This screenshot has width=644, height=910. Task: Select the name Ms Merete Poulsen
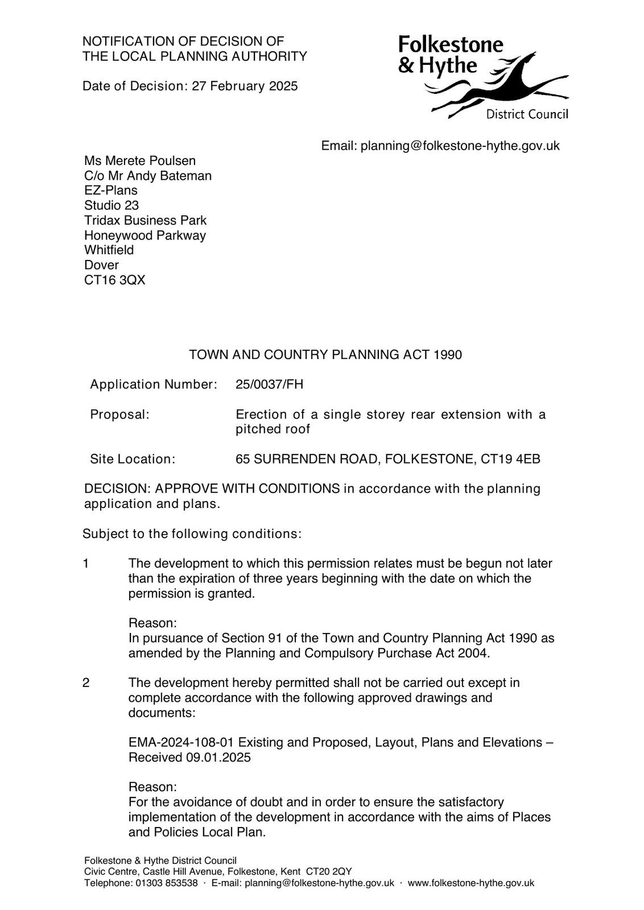pos(140,161)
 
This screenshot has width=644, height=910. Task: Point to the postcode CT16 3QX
pos(115,280)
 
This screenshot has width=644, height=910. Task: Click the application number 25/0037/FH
pos(270,384)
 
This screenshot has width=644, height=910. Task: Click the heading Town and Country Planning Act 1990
pos(325,355)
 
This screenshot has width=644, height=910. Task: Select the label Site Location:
pos(133,459)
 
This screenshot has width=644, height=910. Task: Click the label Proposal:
pos(119,415)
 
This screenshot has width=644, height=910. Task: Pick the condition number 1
pos(86,564)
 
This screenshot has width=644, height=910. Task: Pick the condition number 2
pos(86,682)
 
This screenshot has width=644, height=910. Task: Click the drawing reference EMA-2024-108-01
pos(181,743)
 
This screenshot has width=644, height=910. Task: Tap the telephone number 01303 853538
pos(166,883)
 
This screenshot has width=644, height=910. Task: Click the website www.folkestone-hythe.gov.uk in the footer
pos(471,883)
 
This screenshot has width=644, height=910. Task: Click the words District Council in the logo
pos(527,115)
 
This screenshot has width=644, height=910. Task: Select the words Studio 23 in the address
pos(112,205)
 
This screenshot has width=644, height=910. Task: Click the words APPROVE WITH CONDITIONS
pos(247,489)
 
